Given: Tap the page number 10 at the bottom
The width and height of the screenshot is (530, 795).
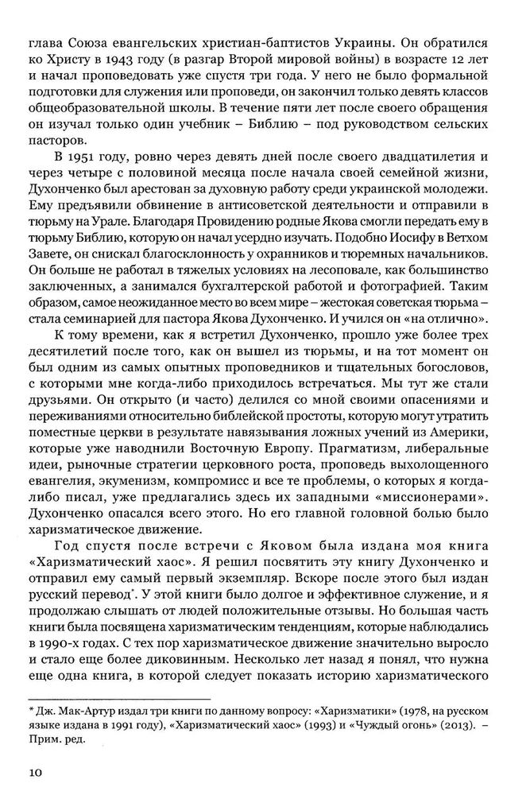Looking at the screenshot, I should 36,772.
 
